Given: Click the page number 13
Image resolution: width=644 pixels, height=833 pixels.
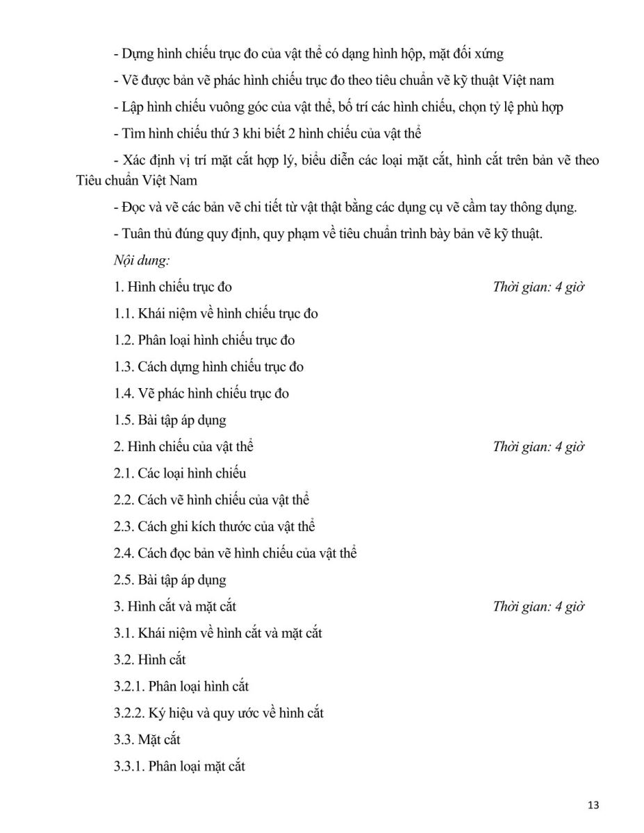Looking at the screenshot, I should tap(593, 805).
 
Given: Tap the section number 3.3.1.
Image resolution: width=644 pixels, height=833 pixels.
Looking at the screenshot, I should tap(129, 766).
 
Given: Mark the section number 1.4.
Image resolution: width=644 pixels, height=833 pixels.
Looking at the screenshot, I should tap(124, 394).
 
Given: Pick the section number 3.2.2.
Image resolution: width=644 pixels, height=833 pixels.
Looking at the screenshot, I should tap(129, 713).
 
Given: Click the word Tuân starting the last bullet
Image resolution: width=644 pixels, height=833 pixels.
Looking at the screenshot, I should tap(136, 234).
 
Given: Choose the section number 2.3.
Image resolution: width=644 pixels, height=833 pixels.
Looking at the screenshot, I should tap(124, 526).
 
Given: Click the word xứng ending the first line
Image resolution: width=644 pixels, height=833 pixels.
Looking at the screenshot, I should tap(488, 53).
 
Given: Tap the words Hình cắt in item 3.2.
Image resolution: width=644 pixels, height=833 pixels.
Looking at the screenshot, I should tap(162, 659).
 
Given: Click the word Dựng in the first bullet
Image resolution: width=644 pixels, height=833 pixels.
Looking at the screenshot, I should tap(137, 53).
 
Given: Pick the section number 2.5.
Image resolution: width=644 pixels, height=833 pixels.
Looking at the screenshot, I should tap(124, 580).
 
